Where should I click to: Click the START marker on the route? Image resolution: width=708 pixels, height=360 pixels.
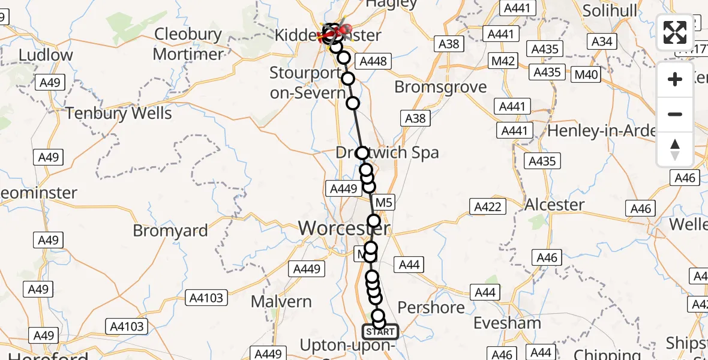(x=380, y=332)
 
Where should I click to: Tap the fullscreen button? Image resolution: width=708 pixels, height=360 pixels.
(x=675, y=32)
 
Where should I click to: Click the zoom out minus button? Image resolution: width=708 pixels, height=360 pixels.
(x=675, y=114)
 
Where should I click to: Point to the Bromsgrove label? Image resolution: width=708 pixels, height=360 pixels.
(x=440, y=87)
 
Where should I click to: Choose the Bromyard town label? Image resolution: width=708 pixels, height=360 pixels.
(x=170, y=230)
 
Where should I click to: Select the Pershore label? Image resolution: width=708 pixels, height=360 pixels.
(x=431, y=308)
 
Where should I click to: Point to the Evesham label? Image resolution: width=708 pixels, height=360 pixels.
(x=507, y=323)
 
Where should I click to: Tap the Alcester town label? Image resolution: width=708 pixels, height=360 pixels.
(x=554, y=205)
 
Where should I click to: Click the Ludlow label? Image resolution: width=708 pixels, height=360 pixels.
(x=46, y=55)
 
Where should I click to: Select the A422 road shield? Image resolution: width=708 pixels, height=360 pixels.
(x=487, y=207)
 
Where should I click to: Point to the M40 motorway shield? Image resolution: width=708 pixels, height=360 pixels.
(x=586, y=74)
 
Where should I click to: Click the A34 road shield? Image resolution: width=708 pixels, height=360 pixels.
(x=602, y=41)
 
